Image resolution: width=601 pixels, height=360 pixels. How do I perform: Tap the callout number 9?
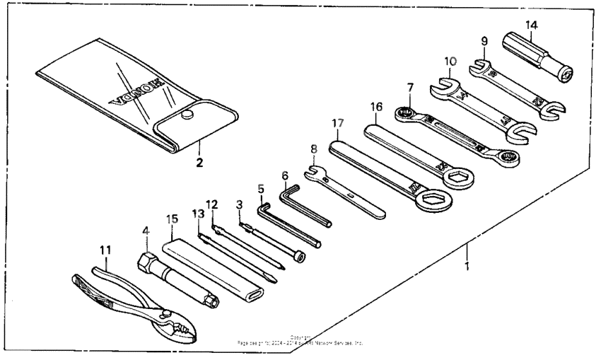tap(484, 41)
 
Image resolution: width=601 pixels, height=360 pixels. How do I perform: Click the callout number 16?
tap(376, 107)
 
